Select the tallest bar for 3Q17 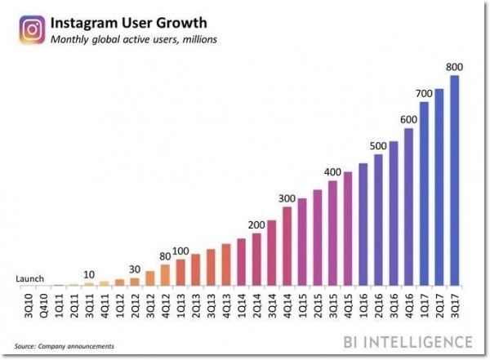(455, 180)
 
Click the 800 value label (455, 66)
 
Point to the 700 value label (424, 94)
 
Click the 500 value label (378, 145)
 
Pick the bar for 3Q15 (332, 233)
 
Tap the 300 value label (287, 198)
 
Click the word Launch (30, 278)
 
